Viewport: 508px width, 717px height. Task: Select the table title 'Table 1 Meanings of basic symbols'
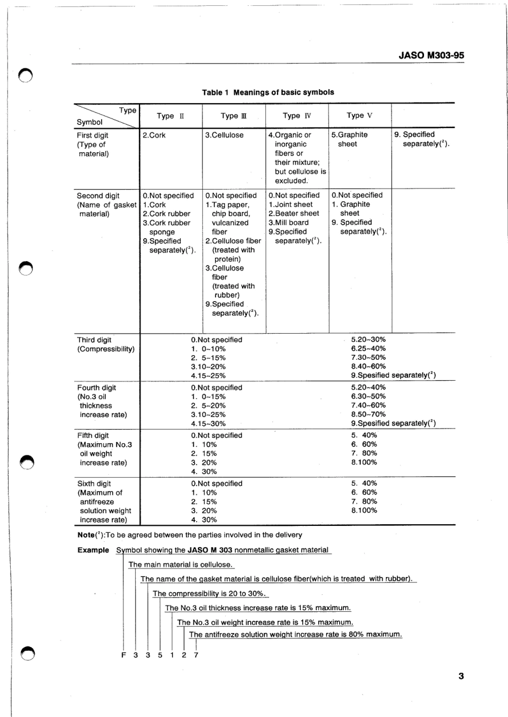pos(268,92)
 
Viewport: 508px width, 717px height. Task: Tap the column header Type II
pos(170,116)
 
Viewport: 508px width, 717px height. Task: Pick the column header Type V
pos(359,115)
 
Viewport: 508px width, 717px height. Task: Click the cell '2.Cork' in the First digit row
pos(154,136)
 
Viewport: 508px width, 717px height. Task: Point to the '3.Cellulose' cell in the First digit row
pos(224,136)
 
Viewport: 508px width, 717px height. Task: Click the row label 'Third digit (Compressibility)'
pos(105,344)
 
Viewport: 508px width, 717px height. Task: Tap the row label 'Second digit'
pos(98,196)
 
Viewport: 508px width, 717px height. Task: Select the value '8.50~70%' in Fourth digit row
pos(368,414)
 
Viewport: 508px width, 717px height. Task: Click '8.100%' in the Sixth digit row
pos(364,510)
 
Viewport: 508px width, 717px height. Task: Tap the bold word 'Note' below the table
pos(86,535)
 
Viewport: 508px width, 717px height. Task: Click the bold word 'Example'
pos(93,550)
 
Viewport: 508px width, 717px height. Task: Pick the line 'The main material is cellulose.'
pos(181,565)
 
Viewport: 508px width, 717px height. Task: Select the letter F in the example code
pos(123,655)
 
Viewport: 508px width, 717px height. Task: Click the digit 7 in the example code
pos(196,655)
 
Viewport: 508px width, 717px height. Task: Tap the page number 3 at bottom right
pos(461,677)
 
